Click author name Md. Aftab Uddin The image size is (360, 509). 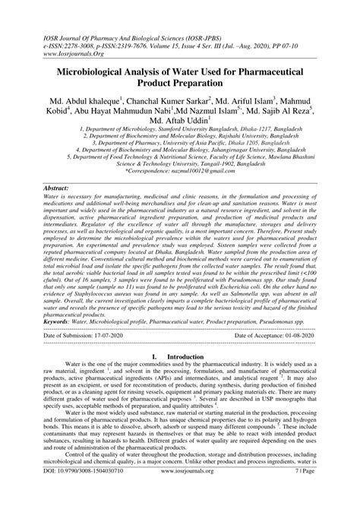[178, 119]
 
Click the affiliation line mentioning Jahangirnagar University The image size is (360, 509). [180, 149]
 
